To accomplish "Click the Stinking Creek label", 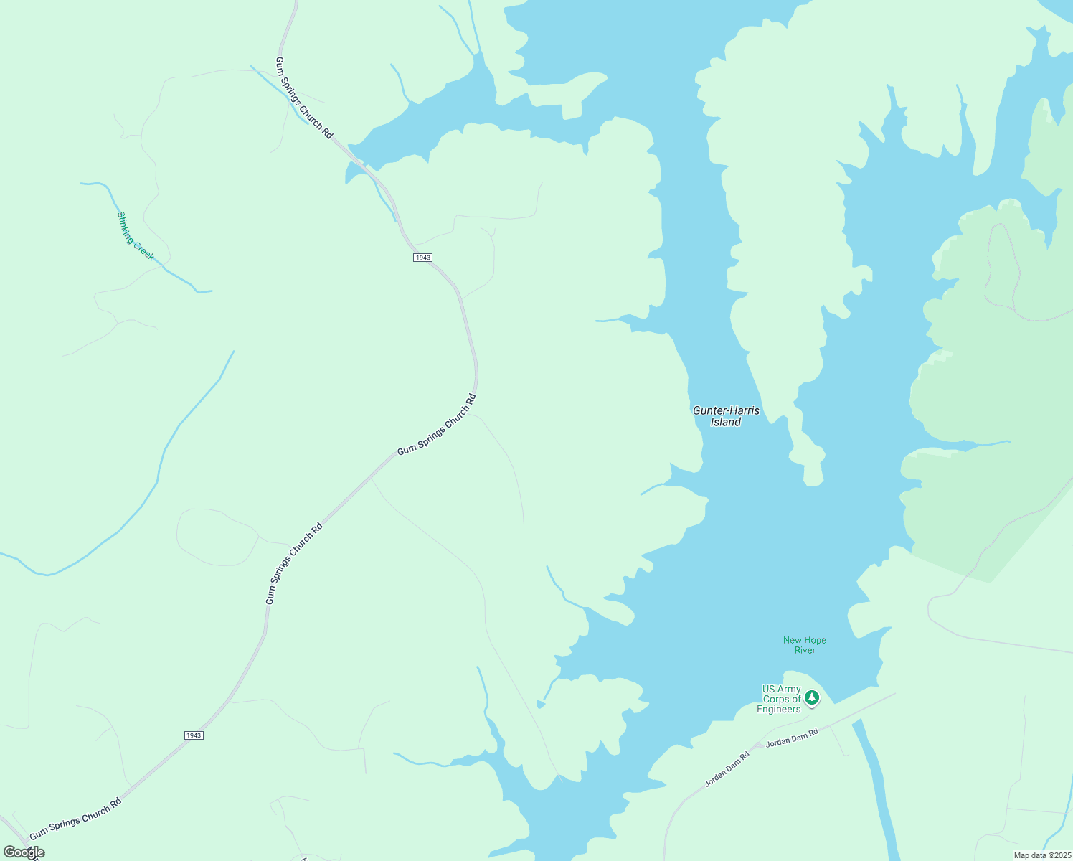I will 136,236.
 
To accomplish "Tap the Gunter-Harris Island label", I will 726,416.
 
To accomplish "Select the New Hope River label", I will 805,645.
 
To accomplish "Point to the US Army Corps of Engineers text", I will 780,699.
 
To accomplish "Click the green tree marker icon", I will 812,697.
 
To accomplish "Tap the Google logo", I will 24,852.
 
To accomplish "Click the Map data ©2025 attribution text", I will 1041,855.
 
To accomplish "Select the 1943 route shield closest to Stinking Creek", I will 422,258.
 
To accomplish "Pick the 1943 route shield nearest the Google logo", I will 194,735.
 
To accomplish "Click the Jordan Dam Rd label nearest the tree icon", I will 792,738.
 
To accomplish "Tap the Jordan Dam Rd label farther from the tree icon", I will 727,768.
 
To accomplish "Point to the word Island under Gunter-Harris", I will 726,423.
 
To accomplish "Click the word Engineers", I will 779,710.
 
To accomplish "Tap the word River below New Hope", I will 805,650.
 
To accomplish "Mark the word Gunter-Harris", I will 726,410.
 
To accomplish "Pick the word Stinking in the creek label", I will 128,225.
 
